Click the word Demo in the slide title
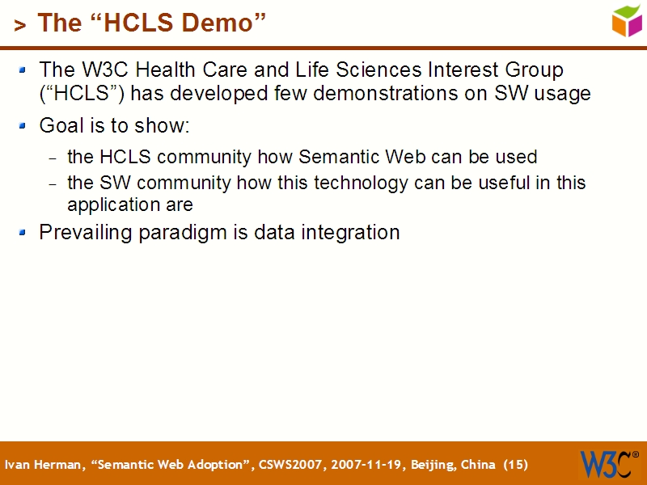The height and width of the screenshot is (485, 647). coord(228,23)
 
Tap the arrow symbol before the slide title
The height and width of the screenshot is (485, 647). coord(19,26)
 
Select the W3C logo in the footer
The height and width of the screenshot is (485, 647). coord(607,464)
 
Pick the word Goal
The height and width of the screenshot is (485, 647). coord(60,126)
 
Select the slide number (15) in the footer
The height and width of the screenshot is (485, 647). coord(515,465)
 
